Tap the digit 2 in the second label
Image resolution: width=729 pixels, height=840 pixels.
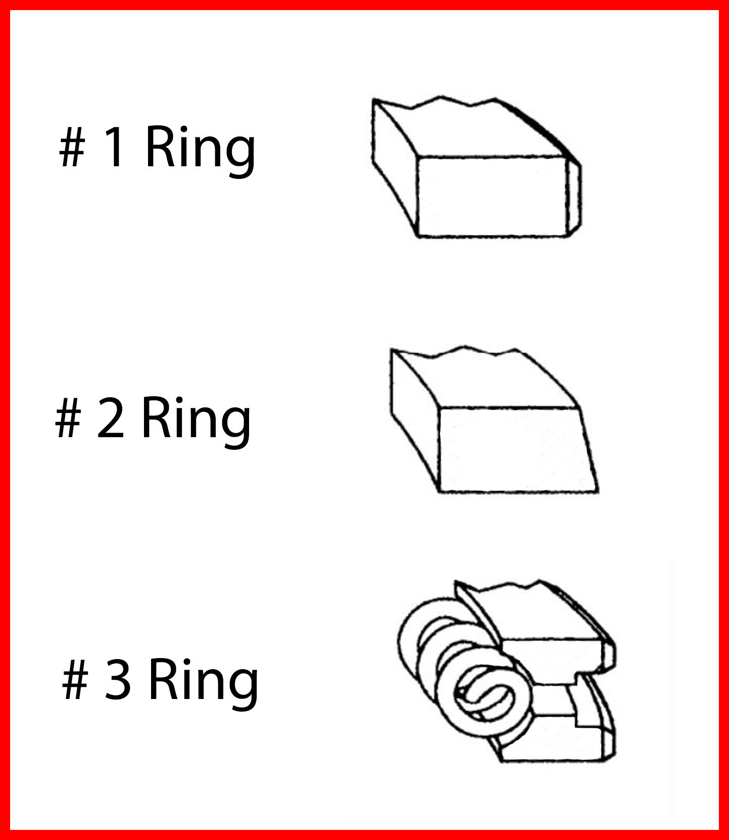pos(110,417)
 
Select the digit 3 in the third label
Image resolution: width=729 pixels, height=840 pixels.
pos(118,680)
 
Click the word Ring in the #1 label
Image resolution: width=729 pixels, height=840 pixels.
pos(200,153)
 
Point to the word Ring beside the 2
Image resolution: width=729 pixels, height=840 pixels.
pos(196,423)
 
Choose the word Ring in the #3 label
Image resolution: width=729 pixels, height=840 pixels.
pos(204,685)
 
